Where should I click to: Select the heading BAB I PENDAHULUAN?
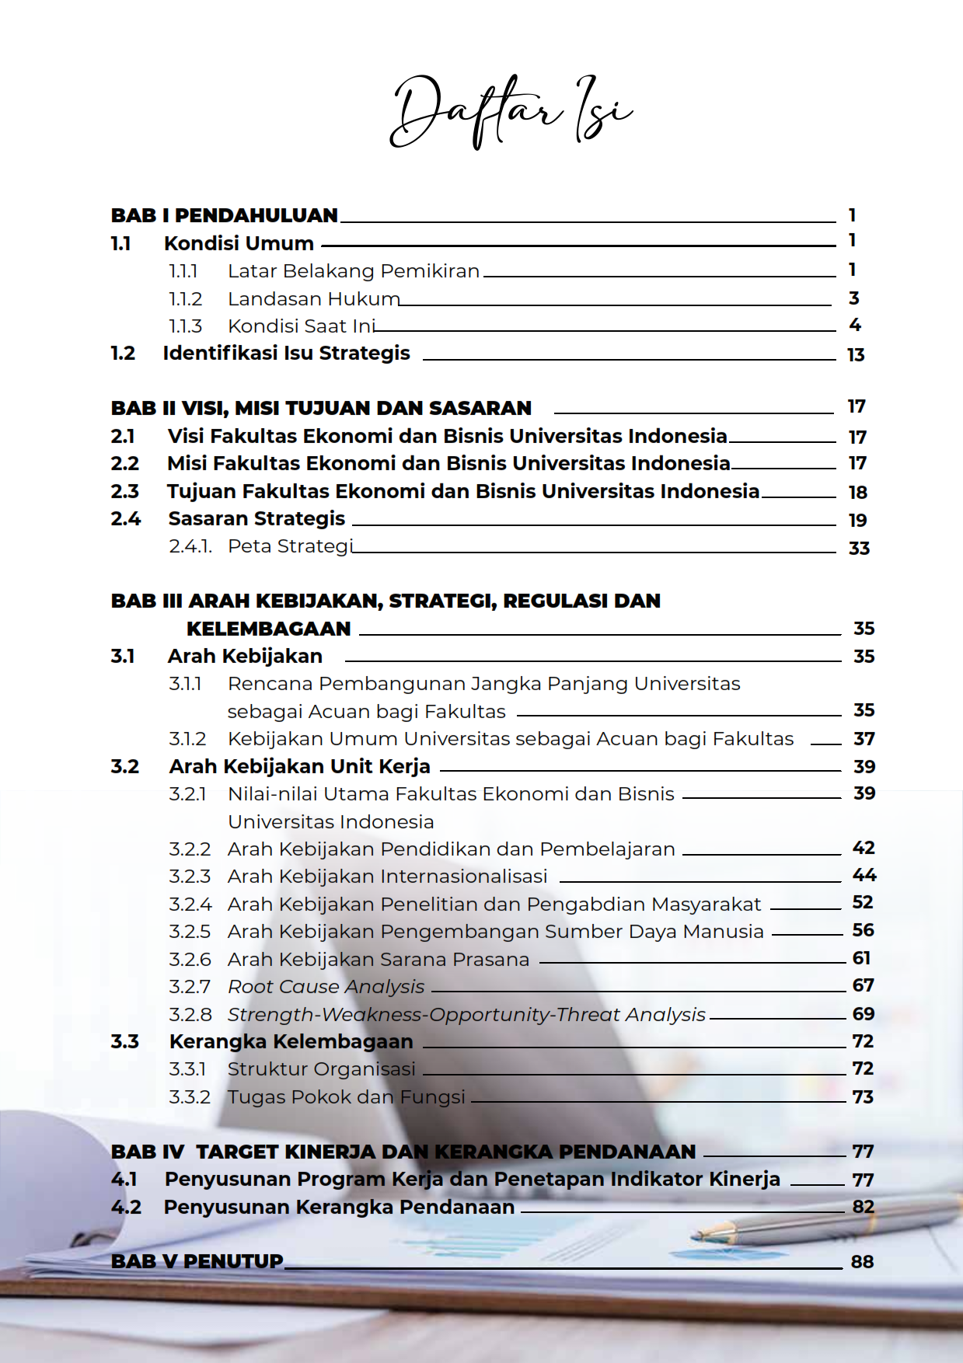(225, 215)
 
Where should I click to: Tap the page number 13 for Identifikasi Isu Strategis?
(856, 355)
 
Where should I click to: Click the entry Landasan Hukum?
(313, 299)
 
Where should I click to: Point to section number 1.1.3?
(185, 326)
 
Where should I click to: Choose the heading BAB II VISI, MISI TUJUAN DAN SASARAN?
(321, 408)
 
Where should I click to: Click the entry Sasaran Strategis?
(256, 518)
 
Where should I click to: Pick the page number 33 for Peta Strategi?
(859, 549)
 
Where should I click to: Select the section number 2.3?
(124, 492)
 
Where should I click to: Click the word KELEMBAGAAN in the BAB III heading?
(269, 629)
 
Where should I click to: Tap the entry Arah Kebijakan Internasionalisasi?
(387, 877)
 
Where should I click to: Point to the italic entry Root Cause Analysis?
(326, 987)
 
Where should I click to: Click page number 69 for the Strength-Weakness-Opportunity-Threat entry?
(864, 1014)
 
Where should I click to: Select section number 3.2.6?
(190, 960)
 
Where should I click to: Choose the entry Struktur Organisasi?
(321, 1069)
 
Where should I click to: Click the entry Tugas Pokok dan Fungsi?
(346, 1097)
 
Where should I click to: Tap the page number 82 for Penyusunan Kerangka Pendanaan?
(864, 1207)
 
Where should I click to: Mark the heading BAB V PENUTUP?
(197, 1261)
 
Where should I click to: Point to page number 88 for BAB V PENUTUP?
(862, 1262)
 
